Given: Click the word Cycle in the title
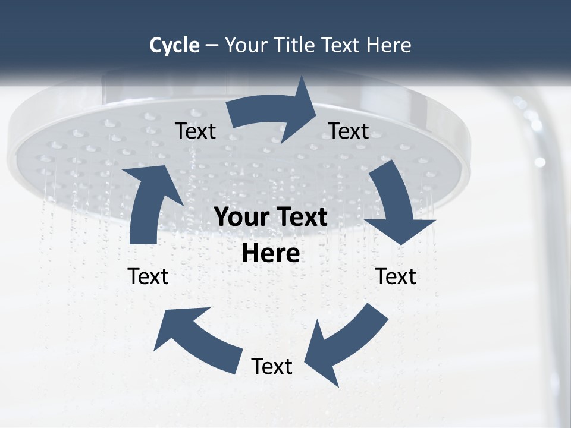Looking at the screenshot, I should tap(174, 45).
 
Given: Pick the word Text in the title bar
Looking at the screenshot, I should tap(343, 45).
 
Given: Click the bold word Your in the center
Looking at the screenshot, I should tap(241, 217).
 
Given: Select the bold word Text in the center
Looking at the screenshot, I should tap(300, 217).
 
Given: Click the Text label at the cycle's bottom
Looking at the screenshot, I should tap(272, 366).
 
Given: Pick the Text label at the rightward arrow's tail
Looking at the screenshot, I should tap(195, 131).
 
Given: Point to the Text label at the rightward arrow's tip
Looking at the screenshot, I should tap(349, 131).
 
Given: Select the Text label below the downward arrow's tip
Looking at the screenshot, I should tap(396, 276).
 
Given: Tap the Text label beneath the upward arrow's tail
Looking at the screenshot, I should tap(148, 276).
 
